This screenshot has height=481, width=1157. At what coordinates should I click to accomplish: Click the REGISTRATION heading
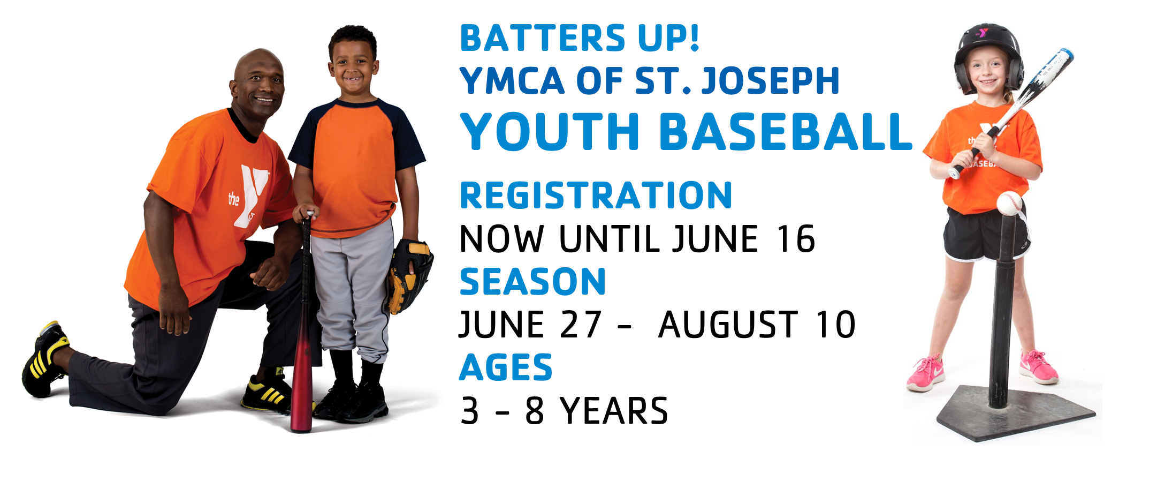click(x=596, y=196)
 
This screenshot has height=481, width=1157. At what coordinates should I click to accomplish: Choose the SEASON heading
click(x=532, y=282)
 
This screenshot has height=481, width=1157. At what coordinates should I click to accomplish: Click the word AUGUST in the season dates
click(x=728, y=325)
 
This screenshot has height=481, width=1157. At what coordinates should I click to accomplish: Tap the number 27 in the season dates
click(x=581, y=325)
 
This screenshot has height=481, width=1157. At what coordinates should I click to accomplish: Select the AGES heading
click(x=506, y=368)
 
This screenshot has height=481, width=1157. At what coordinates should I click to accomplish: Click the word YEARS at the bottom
click(x=614, y=411)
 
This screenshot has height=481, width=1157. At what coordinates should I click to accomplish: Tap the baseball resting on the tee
click(x=1009, y=204)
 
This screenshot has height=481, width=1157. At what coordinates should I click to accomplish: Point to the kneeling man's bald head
click(x=256, y=64)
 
